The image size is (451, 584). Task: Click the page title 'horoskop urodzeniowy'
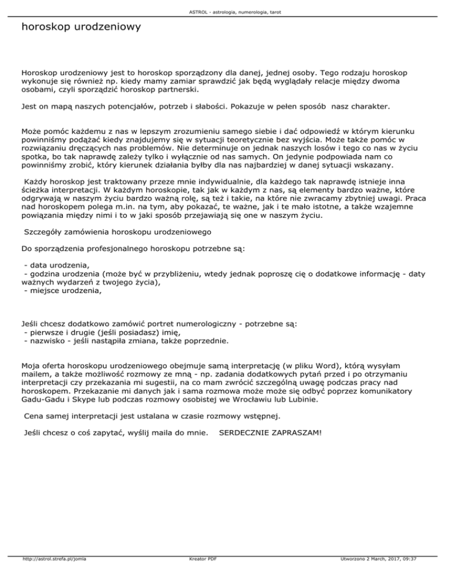80,27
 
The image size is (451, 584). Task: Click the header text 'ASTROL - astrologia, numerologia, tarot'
225,12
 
